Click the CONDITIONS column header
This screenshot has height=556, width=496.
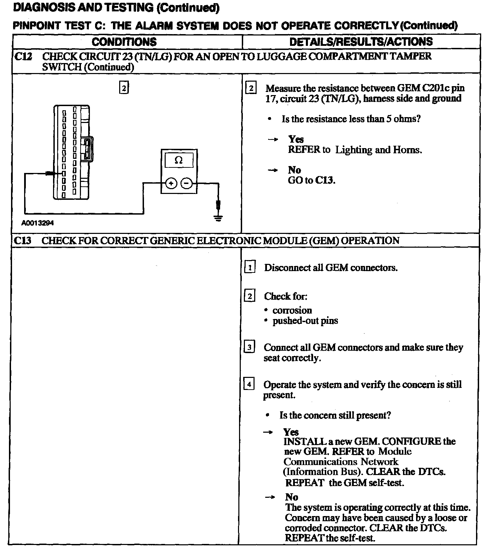(124, 42)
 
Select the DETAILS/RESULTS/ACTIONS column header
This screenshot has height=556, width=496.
(361, 42)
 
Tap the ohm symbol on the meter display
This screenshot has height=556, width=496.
(178, 160)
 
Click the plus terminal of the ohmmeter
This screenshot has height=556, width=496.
(171, 183)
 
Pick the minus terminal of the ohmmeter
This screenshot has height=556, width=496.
(186, 183)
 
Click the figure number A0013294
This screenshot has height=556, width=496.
(38, 223)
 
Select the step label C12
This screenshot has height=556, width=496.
(23, 56)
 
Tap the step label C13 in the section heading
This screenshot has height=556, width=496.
(23, 240)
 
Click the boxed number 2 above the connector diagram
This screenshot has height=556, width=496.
(124, 88)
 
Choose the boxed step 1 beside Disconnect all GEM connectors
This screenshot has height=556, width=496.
(250, 268)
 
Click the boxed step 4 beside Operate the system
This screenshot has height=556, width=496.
(249, 384)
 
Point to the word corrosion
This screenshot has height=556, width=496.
(292, 310)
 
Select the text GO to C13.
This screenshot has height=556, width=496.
(311, 180)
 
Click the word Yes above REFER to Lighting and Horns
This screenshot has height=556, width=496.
(296, 139)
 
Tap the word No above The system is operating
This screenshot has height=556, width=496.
(291, 497)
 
